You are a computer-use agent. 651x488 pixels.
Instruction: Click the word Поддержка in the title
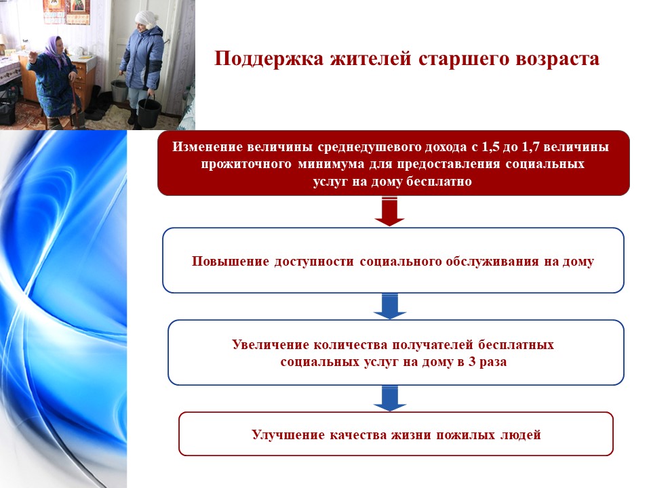point(269,58)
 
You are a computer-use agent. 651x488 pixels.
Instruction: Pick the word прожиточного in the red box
point(246,164)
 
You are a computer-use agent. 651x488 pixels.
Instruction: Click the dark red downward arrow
point(389,211)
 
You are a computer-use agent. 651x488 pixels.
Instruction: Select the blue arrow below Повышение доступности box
point(389,306)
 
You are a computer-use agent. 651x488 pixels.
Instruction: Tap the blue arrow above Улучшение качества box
point(389,399)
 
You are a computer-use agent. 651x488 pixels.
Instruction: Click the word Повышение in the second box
point(231,262)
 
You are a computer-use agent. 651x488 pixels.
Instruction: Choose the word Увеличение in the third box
point(271,345)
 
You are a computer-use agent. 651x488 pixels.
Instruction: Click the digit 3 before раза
point(472,362)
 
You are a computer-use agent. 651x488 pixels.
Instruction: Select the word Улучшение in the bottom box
point(288,435)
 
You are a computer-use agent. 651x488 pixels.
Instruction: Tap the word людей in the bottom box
point(521,435)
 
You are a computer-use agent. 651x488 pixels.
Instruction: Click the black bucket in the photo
point(149,111)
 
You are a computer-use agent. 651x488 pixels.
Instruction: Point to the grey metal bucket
point(119,89)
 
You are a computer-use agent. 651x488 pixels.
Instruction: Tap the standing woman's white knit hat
point(145,19)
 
